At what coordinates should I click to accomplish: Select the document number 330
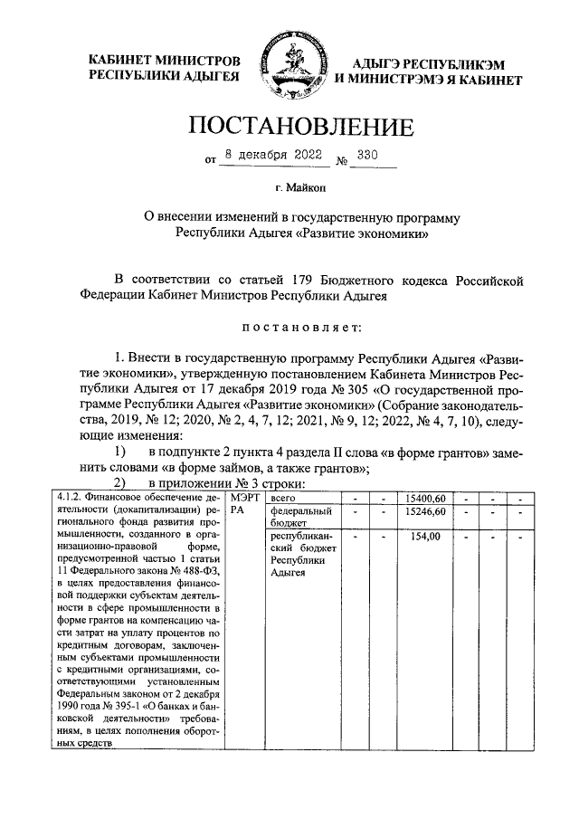point(367,156)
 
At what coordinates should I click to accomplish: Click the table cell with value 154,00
point(424,537)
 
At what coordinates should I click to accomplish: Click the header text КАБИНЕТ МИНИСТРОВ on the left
point(164,60)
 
